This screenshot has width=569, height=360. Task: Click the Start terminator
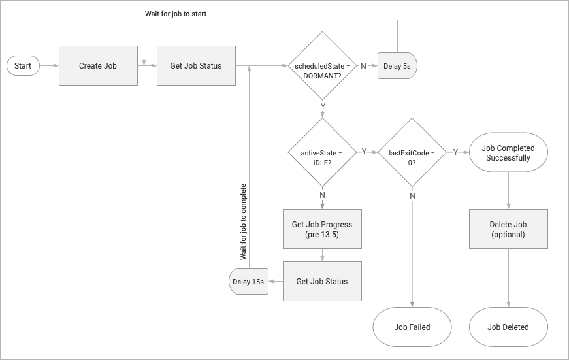click(x=23, y=66)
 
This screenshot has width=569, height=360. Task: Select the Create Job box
click(x=98, y=66)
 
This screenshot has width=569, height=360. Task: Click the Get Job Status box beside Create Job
click(x=196, y=66)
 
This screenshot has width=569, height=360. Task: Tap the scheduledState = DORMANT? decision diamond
click(x=322, y=71)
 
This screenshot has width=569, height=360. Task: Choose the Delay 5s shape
click(x=397, y=66)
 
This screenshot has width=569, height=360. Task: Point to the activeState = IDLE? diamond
click(x=322, y=157)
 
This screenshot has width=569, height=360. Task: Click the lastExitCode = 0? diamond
click(x=412, y=157)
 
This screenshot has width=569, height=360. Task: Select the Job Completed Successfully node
click(x=508, y=153)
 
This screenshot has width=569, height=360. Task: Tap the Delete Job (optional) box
click(x=508, y=229)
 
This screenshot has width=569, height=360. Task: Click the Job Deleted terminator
click(x=508, y=327)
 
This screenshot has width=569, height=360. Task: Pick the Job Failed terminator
click(x=412, y=327)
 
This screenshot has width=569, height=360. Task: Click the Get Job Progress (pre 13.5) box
click(x=322, y=229)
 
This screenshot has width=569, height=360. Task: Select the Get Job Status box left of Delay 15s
click(x=322, y=282)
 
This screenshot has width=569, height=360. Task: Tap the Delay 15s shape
click(x=249, y=282)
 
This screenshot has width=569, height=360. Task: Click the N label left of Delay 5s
click(x=364, y=66)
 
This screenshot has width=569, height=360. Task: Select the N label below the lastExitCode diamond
click(x=412, y=195)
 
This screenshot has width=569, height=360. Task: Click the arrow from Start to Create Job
click(x=49, y=66)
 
